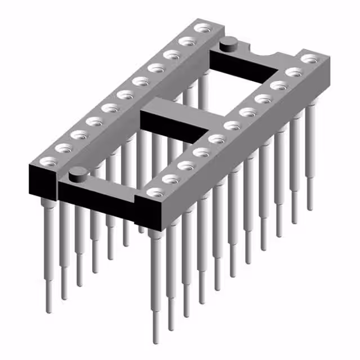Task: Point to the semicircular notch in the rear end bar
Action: (x=267, y=54)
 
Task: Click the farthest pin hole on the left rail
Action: (x=201, y=28)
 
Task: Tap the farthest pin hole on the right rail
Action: (x=308, y=58)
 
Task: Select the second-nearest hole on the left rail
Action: (x=64, y=148)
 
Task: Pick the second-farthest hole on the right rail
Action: (x=292, y=72)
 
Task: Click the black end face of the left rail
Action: (x=43, y=183)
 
